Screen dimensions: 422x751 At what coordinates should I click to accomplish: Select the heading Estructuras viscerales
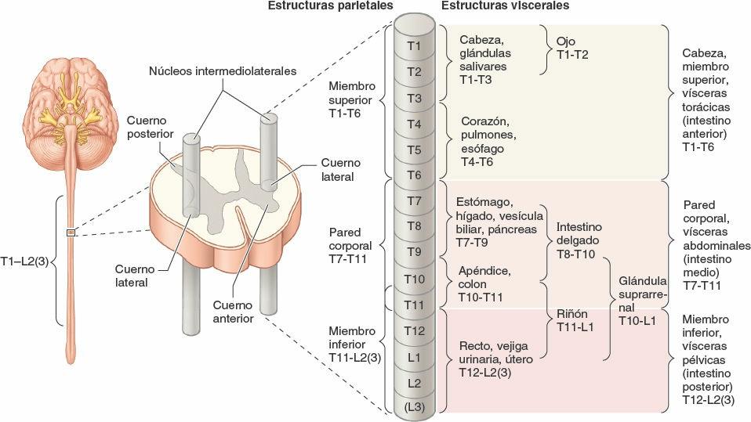(505, 6)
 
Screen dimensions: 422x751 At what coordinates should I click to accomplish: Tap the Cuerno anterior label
(233, 312)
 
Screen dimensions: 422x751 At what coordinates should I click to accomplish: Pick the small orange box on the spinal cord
(71, 231)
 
